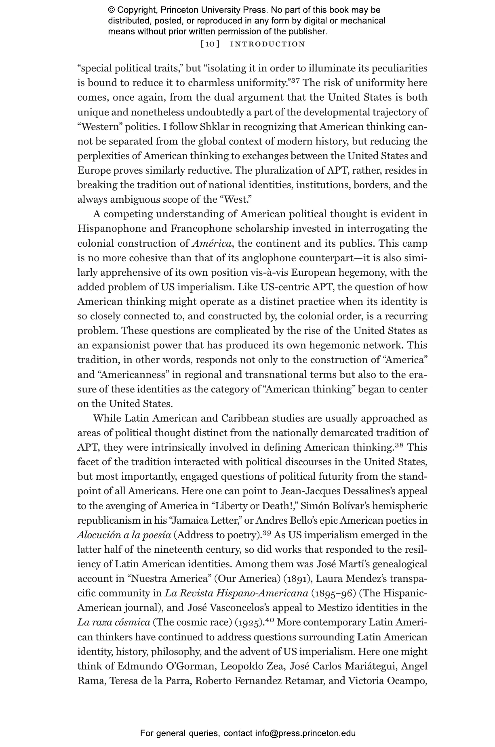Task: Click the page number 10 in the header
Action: [x=210, y=44]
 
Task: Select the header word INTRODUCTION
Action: [x=268, y=44]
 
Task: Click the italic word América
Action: [x=212, y=243]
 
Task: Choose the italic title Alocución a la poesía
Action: [x=124, y=535]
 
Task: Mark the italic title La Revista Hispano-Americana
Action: [x=236, y=594]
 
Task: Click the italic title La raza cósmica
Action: [x=114, y=623]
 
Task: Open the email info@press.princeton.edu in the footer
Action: [x=305, y=733]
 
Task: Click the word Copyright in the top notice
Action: [x=135, y=10]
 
